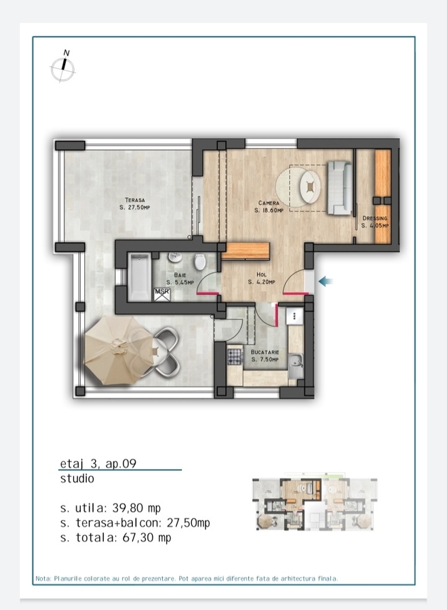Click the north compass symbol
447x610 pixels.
point(62,66)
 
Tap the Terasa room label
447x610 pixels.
point(135,204)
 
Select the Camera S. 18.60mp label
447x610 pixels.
point(269,207)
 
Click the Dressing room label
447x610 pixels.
point(375,222)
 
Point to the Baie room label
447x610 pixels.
point(180,279)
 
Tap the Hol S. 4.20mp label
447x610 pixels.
point(262,278)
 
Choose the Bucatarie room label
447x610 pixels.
point(265,356)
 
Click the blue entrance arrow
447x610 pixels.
point(326,281)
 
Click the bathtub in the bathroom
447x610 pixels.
point(140,277)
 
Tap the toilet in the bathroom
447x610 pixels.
point(199,262)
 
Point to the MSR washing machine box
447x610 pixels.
point(162,294)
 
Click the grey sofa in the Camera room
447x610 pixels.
point(340,188)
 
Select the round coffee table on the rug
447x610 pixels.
point(310,187)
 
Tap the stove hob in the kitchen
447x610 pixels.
point(235,357)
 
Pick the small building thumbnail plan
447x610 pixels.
point(315,503)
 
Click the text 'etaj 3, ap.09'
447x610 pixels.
point(98,464)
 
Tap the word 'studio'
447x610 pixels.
point(77,478)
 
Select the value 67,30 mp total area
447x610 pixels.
point(147,537)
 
